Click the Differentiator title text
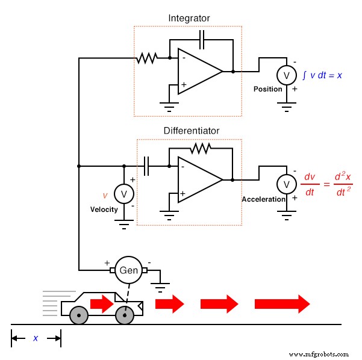[192, 131]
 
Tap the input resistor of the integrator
[147, 58]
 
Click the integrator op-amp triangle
[198, 72]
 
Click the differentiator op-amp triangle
[198, 179]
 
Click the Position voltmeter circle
[286, 75]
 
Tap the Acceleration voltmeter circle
[286, 184]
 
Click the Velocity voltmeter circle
[124, 193]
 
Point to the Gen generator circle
[129, 270]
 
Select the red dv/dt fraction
[310, 184]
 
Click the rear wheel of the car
[78, 315]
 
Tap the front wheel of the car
[125, 315]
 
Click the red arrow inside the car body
[102, 303]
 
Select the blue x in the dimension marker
[35, 338]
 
